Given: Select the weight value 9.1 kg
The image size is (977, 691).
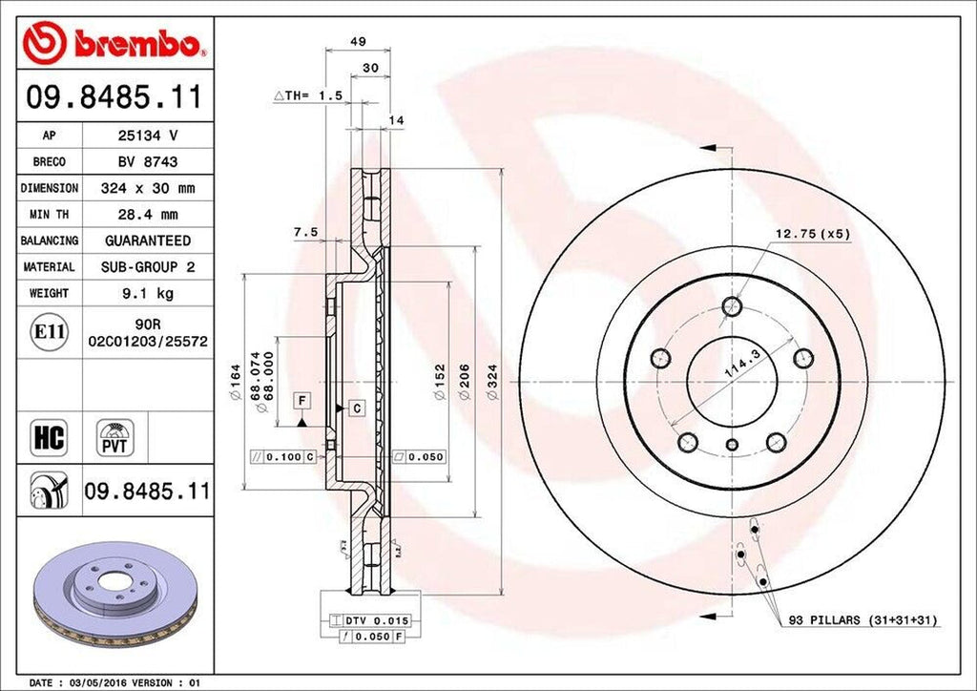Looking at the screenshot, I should pos(148,293).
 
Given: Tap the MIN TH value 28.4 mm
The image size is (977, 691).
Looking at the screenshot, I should pos(148,215).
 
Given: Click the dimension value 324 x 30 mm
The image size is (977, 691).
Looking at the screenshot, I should pos(148,188).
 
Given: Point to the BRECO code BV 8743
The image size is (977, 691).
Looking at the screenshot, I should pos(148,162).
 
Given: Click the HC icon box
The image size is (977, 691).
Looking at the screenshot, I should pos(50,438).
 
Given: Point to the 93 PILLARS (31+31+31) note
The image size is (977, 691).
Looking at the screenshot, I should pos(863,620).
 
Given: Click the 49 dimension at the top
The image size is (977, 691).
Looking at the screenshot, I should pos(359,42).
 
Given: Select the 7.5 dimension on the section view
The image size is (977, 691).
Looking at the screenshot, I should pos(305,231).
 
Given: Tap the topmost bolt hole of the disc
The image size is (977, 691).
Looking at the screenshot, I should pos(732,306).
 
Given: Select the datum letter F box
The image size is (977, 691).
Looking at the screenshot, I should pos(301,399).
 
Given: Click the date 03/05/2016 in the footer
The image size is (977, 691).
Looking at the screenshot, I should pos(98,682).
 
